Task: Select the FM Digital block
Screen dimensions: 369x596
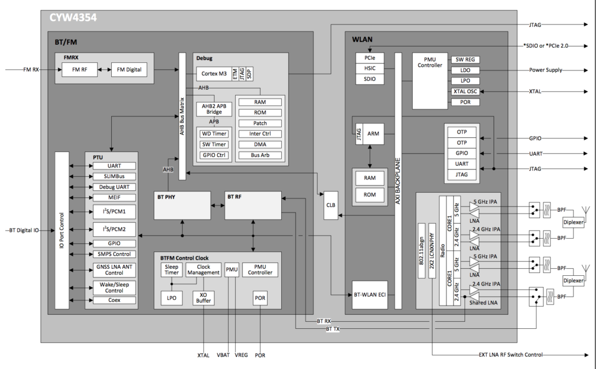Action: click(x=129, y=70)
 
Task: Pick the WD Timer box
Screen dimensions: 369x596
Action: click(x=214, y=133)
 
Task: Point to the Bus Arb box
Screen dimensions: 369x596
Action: click(x=260, y=155)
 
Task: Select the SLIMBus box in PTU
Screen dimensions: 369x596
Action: click(x=114, y=176)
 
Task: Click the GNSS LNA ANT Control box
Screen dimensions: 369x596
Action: click(x=114, y=269)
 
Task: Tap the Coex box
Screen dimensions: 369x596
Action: click(x=114, y=300)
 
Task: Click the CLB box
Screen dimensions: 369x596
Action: click(x=330, y=205)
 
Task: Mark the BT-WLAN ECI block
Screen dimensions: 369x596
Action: click(x=370, y=295)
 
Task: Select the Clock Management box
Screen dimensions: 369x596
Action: click(x=203, y=269)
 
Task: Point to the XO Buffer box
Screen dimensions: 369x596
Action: click(x=203, y=297)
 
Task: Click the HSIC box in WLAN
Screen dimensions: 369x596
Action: click(x=370, y=69)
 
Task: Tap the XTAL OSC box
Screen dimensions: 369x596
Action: click(x=466, y=91)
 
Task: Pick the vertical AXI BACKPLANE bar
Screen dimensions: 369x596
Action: click(x=399, y=180)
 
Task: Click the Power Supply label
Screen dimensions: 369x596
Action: click(x=545, y=70)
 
